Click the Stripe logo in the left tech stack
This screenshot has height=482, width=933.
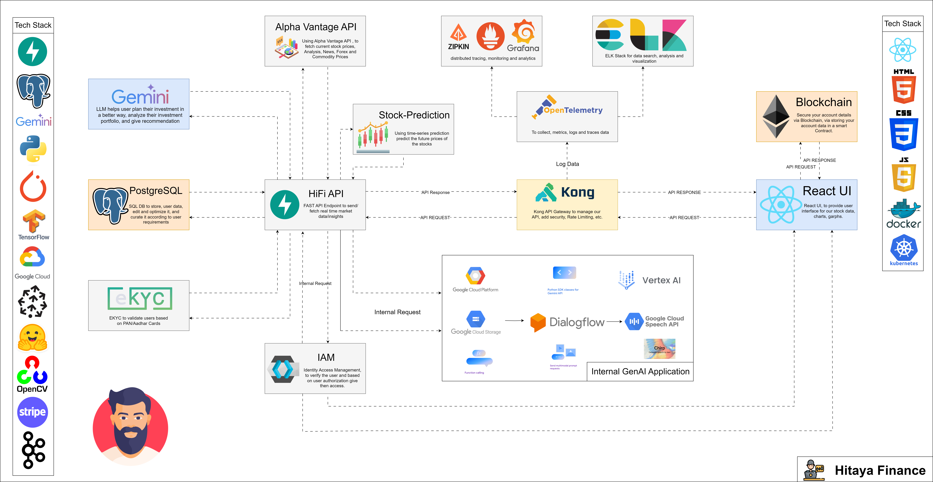point(32,412)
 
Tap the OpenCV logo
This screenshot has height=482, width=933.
point(32,375)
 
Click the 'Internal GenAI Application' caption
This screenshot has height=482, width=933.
point(640,372)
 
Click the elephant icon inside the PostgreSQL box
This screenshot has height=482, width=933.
point(110,205)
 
